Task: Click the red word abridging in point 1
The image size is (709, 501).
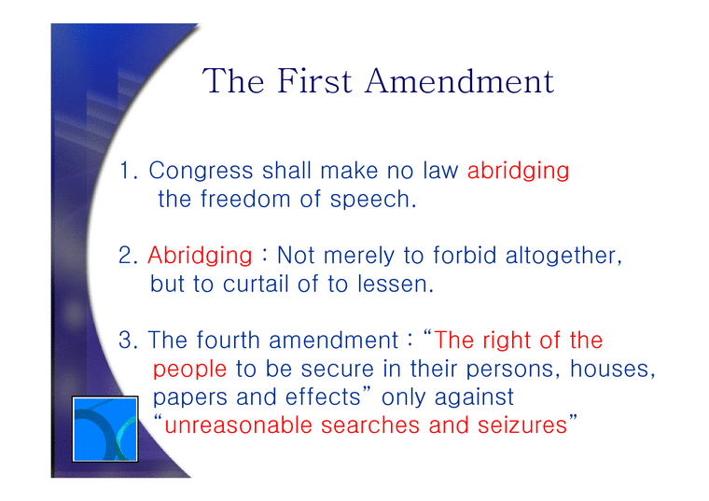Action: point(518,172)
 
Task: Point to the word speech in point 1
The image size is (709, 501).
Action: point(375,200)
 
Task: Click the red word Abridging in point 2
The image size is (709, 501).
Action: point(200,256)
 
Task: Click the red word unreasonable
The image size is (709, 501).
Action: point(239,426)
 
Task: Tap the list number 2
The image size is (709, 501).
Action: point(129,256)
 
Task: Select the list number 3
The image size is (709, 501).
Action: point(129,341)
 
